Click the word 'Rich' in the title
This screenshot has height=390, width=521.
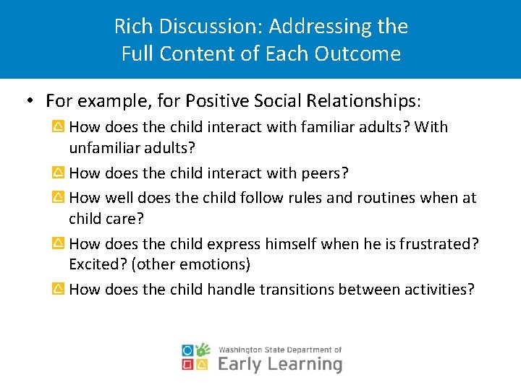coord(132,27)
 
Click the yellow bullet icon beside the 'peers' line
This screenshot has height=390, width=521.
coord(59,173)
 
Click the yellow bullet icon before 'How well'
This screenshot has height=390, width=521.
coord(59,198)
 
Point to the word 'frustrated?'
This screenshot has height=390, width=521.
coord(438,244)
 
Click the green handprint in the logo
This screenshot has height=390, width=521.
coord(203,350)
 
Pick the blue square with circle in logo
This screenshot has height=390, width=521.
coord(188,350)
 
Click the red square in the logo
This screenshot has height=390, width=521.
coord(188,365)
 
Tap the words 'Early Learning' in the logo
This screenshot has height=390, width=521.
coord(279,363)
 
